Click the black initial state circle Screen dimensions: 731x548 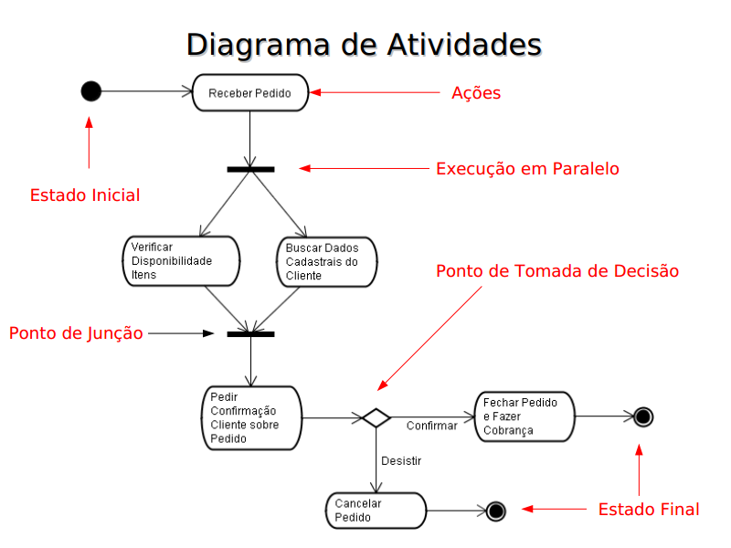tap(90, 90)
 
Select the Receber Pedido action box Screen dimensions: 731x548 tap(250, 93)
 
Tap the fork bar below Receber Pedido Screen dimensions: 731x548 tap(250, 170)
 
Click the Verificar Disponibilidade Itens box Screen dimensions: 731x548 tap(181, 261)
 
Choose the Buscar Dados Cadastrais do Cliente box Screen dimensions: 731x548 tap(327, 262)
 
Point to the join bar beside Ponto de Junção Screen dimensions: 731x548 tap(250, 334)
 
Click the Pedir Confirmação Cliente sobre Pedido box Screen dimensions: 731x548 tap(252, 418)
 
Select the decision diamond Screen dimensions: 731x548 tap(376, 417)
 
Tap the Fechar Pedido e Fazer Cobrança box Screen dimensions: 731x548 tap(524, 416)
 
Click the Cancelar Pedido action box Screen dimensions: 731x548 tap(376, 511)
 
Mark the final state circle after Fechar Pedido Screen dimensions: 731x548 tap(643, 416)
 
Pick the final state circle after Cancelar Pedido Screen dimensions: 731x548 tap(495, 511)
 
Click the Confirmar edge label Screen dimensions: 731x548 tap(431, 426)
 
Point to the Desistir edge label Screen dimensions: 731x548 tap(401, 461)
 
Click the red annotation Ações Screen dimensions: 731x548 tap(476, 93)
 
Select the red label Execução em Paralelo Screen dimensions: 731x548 tap(527, 168)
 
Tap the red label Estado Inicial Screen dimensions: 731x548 tap(85, 195)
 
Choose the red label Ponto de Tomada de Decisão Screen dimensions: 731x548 tap(557, 270)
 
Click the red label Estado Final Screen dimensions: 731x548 tap(649, 510)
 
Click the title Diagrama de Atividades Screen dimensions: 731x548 tap(364, 45)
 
